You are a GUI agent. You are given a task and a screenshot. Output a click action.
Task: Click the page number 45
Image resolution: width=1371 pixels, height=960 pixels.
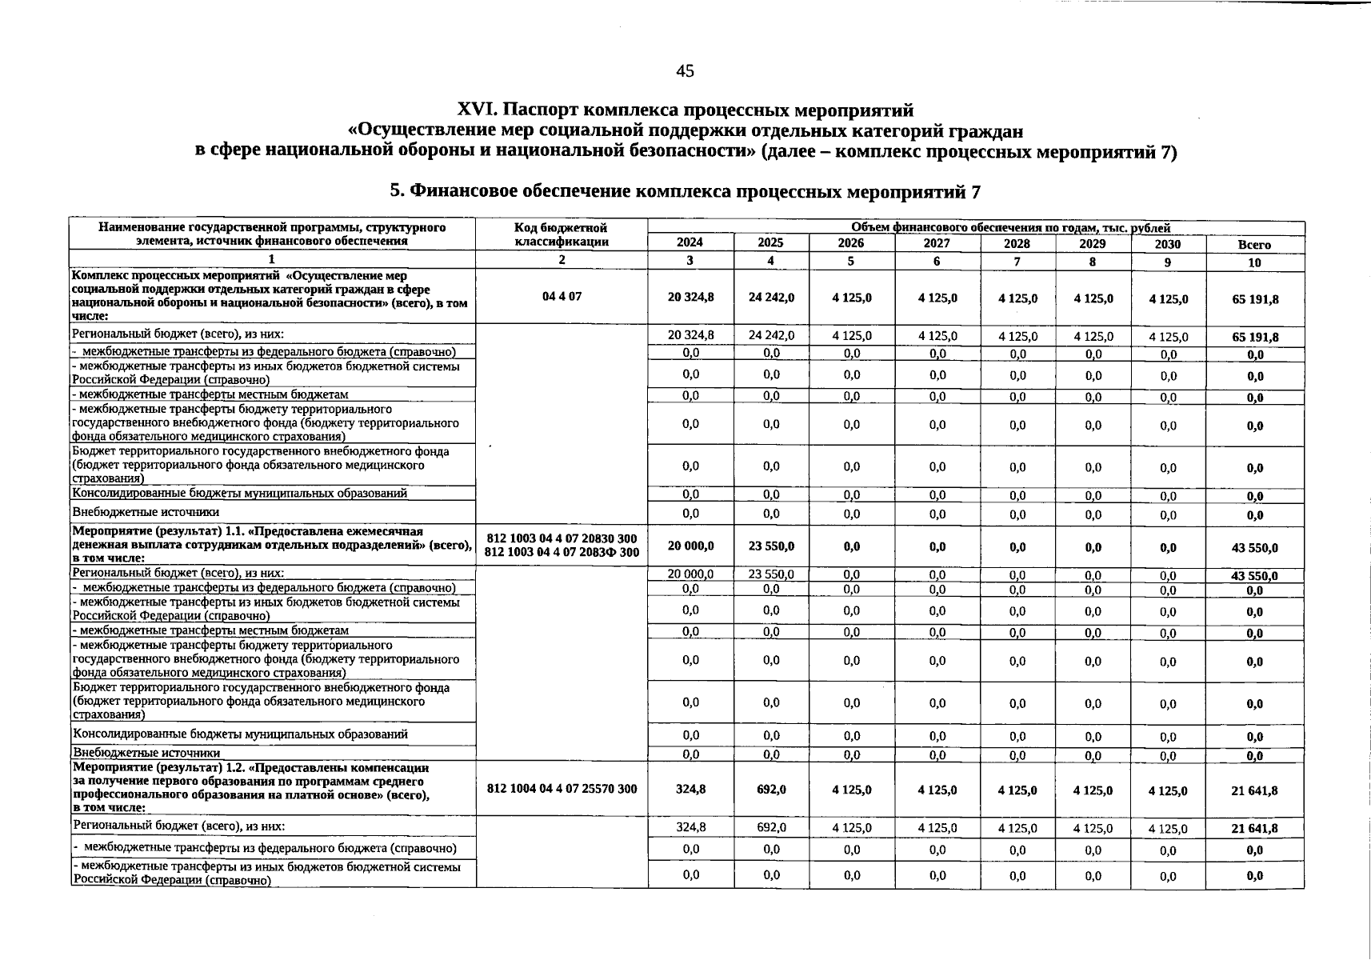coord(685,71)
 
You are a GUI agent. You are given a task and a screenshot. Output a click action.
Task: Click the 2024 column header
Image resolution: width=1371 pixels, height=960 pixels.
coord(689,243)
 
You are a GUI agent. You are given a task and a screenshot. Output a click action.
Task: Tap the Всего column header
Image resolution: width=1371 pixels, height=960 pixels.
coord(1254,245)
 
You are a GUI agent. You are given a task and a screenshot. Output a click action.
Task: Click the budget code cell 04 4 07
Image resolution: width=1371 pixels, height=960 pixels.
coord(562,296)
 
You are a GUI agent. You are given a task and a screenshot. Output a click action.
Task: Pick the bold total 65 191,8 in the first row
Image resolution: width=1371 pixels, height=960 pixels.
coord(1255,299)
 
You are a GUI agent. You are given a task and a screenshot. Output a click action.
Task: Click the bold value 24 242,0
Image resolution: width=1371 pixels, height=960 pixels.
coord(771,297)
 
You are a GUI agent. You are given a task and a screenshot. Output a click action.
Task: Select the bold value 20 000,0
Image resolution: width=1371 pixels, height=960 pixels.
coord(690,546)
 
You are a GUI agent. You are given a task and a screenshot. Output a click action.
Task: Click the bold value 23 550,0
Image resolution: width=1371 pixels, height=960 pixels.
coord(771,546)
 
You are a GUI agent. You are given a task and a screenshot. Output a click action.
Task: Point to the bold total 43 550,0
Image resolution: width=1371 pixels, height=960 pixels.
coord(1255,548)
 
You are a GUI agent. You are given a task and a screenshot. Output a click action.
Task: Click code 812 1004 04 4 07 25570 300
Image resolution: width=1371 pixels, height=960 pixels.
coord(562,789)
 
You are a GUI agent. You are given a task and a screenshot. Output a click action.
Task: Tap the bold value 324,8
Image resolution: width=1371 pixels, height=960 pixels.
coord(690,789)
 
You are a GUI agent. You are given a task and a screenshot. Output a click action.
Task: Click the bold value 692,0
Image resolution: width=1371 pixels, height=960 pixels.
coord(771,789)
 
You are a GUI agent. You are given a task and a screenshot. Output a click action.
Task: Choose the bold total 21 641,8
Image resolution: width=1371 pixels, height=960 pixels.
coord(1255,790)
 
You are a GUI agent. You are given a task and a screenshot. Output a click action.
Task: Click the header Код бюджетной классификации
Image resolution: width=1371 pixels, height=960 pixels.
coord(562,234)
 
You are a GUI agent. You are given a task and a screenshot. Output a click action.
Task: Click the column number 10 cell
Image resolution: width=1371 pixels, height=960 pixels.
coord(1254,262)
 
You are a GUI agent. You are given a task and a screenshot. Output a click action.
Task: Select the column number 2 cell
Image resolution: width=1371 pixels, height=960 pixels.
coord(562,260)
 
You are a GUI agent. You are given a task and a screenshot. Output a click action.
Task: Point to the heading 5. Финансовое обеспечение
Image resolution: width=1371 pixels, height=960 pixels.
coord(684,191)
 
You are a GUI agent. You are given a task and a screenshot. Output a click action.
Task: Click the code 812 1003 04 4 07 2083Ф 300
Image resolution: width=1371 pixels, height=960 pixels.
coord(562,553)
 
